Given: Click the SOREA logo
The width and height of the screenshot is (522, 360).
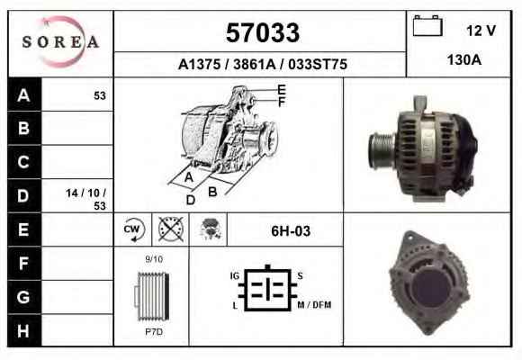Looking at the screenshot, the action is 60,42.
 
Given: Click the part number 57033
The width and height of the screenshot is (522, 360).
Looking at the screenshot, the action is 263,32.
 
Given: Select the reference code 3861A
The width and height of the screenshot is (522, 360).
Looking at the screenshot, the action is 255,64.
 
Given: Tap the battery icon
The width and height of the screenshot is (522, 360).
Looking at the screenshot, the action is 427,25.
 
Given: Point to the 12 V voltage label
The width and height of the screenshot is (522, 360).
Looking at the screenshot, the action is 481,31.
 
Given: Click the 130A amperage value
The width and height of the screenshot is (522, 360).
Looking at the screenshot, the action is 464,60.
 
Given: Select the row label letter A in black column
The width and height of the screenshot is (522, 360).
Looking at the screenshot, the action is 23,95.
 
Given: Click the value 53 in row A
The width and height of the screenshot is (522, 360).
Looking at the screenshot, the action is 100,96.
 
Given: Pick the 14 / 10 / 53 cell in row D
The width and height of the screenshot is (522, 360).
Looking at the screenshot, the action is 85,199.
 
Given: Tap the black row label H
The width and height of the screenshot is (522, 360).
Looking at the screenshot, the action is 23,330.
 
